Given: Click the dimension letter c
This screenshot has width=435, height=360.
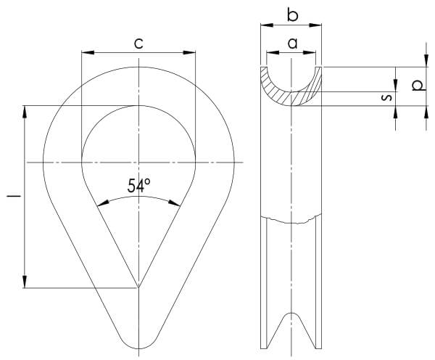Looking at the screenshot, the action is [x=138, y=44].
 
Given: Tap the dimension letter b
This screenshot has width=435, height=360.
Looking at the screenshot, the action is [x=292, y=15].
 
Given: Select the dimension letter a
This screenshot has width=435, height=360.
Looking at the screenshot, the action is [x=292, y=44].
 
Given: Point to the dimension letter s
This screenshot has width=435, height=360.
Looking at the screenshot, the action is [x=386, y=97].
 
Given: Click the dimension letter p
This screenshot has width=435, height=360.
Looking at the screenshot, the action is [x=418, y=86].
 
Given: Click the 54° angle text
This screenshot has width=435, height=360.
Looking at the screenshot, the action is [x=139, y=186].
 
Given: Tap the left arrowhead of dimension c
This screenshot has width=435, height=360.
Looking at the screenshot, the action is [x=88, y=52].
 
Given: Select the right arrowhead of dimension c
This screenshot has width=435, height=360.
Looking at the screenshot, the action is [x=189, y=52].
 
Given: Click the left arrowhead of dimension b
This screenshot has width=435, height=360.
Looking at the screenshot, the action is [x=267, y=25].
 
